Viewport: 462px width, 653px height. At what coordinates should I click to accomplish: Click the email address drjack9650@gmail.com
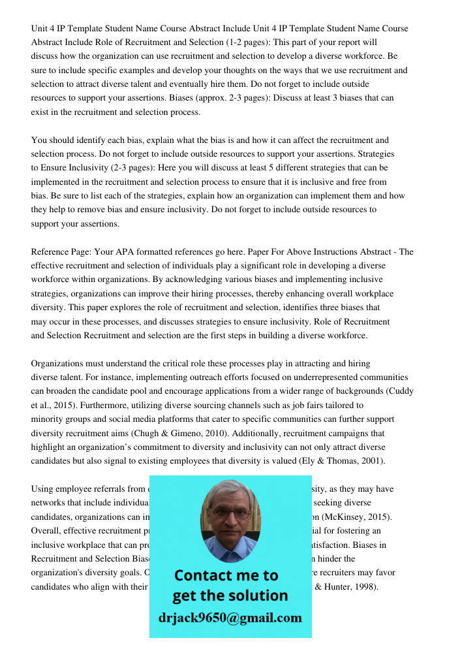pyautogui.click(x=230, y=618)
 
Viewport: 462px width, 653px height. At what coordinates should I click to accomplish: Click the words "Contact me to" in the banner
pyautogui.click(x=226, y=575)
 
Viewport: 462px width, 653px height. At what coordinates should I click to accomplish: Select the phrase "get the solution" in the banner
pyautogui.click(x=230, y=596)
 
